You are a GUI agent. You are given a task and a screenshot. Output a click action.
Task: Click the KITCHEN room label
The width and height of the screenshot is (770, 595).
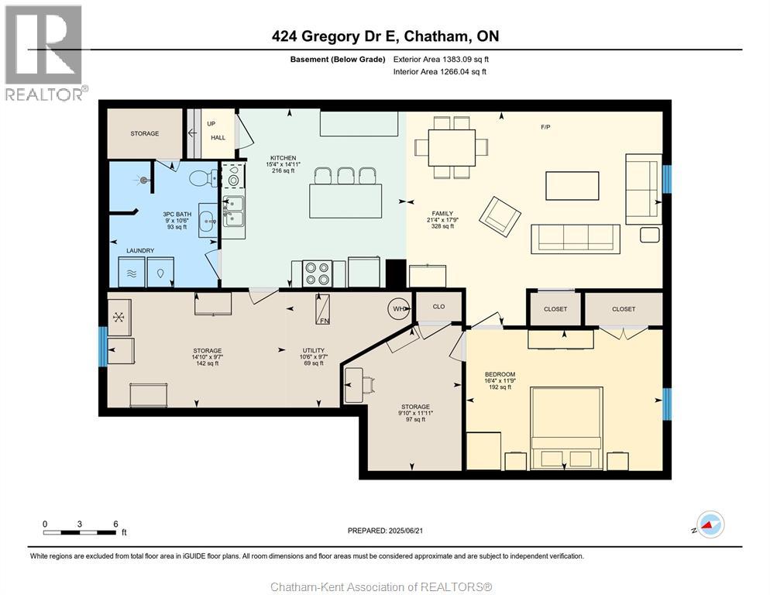[x=284, y=158]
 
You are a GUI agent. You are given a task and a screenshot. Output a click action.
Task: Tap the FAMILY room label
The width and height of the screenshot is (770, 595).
[x=442, y=214]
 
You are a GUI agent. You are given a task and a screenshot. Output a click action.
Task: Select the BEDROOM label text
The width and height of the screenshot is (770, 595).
[x=500, y=374]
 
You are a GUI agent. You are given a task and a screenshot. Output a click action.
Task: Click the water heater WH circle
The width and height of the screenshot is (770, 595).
[x=400, y=308]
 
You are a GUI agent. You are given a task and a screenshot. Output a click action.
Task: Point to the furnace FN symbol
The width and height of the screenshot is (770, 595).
[x=322, y=310]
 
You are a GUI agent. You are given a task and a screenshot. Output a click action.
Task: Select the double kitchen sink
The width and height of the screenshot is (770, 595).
[x=234, y=212]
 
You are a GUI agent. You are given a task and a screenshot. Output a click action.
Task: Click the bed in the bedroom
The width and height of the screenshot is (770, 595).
[x=566, y=428]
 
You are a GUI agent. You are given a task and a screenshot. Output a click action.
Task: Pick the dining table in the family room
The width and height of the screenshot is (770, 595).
[x=452, y=148]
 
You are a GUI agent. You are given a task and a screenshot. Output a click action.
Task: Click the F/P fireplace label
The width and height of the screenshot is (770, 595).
[x=545, y=127]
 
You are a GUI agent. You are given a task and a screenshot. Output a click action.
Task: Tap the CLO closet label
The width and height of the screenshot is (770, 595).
[x=438, y=307]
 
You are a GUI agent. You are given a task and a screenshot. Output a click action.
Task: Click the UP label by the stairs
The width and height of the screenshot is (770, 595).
[x=211, y=124]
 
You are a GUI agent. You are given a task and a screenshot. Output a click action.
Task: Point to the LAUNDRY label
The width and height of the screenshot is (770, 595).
[x=140, y=250]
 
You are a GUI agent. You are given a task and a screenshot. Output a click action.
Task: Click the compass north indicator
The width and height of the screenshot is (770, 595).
[x=710, y=524]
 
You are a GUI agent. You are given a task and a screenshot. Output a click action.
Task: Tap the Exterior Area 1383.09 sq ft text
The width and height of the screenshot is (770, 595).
[x=441, y=60]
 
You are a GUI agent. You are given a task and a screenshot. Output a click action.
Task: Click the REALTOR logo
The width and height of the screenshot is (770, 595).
[x=46, y=53]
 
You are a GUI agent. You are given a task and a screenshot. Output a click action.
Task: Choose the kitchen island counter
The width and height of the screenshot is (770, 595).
[x=345, y=201]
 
